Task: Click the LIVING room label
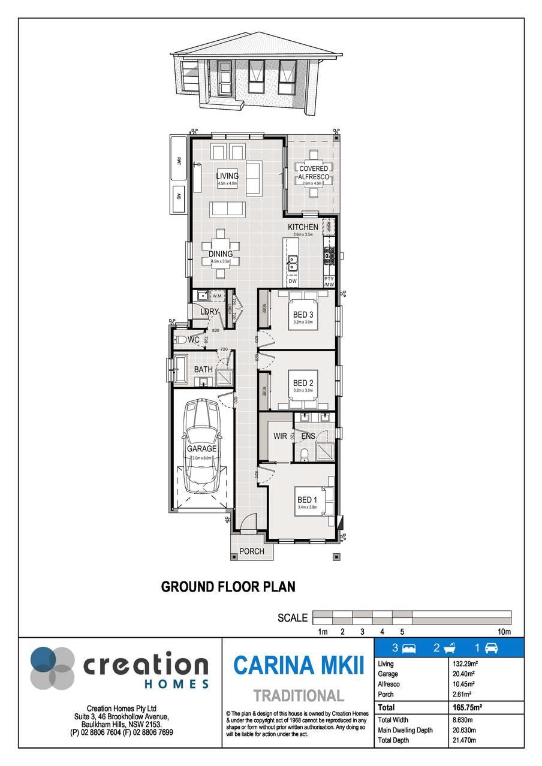(227, 176)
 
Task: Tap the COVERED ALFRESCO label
(314, 173)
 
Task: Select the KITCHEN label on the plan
(303, 227)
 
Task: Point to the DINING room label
(221, 254)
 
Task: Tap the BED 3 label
(303, 315)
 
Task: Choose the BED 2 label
(303, 383)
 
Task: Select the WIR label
(279, 436)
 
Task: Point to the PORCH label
(251, 551)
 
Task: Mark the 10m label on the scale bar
(504, 632)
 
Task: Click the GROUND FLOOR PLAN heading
(228, 586)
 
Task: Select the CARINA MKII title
(298, 665)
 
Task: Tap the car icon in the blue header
(491, 648)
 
